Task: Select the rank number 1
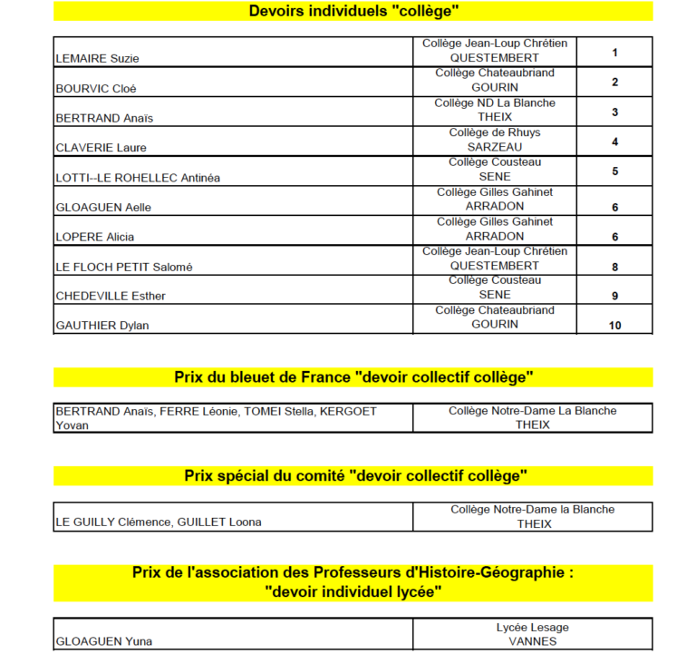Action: [x=614, y=53]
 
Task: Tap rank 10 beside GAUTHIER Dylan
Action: [x=614, y=325]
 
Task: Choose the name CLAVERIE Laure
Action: [x=101, y=148]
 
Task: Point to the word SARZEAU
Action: [x=495, y=147]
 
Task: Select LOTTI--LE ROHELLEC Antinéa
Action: [x=138, y=178]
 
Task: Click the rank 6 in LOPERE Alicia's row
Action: [x=614, y=237]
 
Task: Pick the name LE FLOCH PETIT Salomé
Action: [x=124, y=267]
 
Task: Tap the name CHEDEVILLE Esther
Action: [x=111, y=296]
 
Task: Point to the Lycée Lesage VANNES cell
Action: [x=533, y=634]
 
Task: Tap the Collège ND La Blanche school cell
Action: [x=495, y=110]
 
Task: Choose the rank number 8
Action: [x=614, y=267]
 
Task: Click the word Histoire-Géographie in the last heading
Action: [x=489, y=573]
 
